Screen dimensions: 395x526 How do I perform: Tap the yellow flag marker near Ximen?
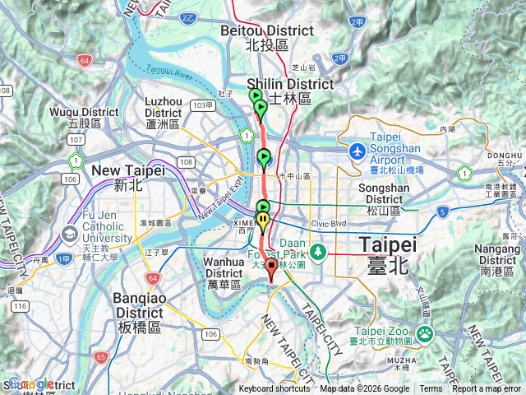(262, 220)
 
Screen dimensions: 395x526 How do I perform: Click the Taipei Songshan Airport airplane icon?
(358, 151)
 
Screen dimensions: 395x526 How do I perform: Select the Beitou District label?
(267, 36)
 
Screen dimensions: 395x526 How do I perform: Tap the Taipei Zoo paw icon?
(426, 333)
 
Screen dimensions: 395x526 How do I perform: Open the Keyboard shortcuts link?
(275, 389)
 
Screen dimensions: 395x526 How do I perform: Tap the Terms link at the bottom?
(431, 389)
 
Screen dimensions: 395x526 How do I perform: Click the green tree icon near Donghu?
(465, 174)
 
